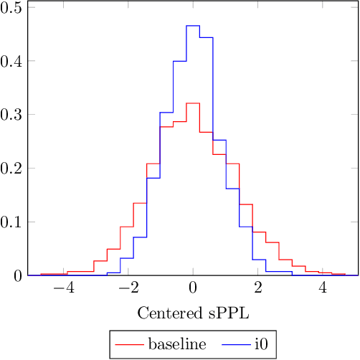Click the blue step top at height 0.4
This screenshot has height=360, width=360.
(179, 61)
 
